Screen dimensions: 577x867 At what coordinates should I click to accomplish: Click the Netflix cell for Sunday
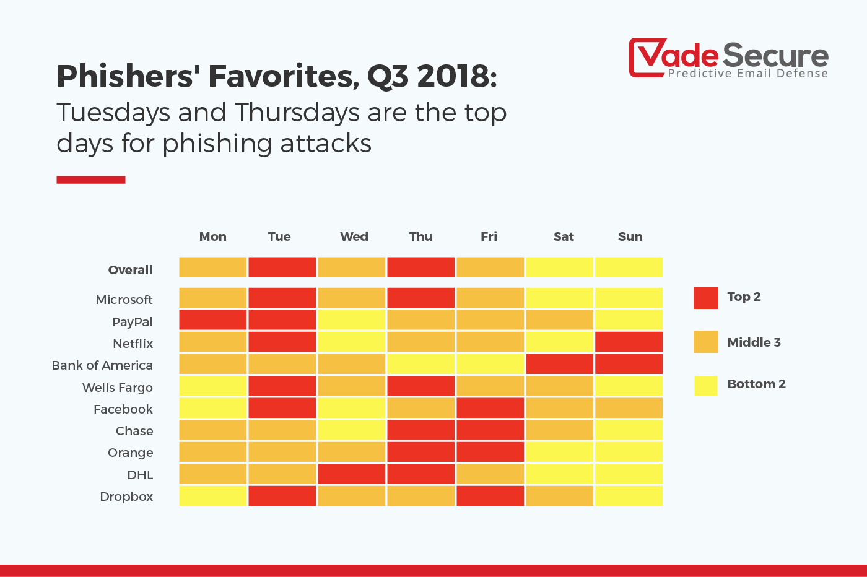click(629, 342)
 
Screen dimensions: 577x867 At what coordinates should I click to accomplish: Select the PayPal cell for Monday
click(213, 320)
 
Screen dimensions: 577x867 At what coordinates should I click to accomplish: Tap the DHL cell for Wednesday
click(352, 474)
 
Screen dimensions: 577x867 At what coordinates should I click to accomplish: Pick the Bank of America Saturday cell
click(559, 364)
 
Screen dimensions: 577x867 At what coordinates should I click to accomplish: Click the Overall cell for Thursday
click(421, 267)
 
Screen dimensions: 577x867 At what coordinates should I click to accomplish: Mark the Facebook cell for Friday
click(490, 408)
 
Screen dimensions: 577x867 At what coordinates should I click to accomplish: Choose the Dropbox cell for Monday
click(213, 496)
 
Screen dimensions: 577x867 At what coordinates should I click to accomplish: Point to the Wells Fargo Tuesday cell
click(282, 386)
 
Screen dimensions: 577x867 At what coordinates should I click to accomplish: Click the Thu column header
click(420, 236)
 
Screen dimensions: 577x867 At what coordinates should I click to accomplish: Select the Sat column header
click(564, 236)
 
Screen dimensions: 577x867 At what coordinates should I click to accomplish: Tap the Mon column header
click(212, 236)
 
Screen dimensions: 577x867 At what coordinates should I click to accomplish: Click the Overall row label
click(130, 270)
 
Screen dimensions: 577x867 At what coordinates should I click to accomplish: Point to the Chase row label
click(134, 431)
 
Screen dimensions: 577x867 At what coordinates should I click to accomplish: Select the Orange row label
click(130, 453)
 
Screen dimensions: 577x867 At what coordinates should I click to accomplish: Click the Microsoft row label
click(124, 300)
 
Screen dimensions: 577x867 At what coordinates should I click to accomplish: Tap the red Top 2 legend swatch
click(706, 298)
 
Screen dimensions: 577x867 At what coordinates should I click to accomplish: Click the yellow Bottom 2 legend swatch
click(706, 386)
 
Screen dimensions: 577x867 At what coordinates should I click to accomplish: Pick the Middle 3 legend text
click(754, 342)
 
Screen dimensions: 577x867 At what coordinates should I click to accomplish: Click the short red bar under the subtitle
click(91, 180)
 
